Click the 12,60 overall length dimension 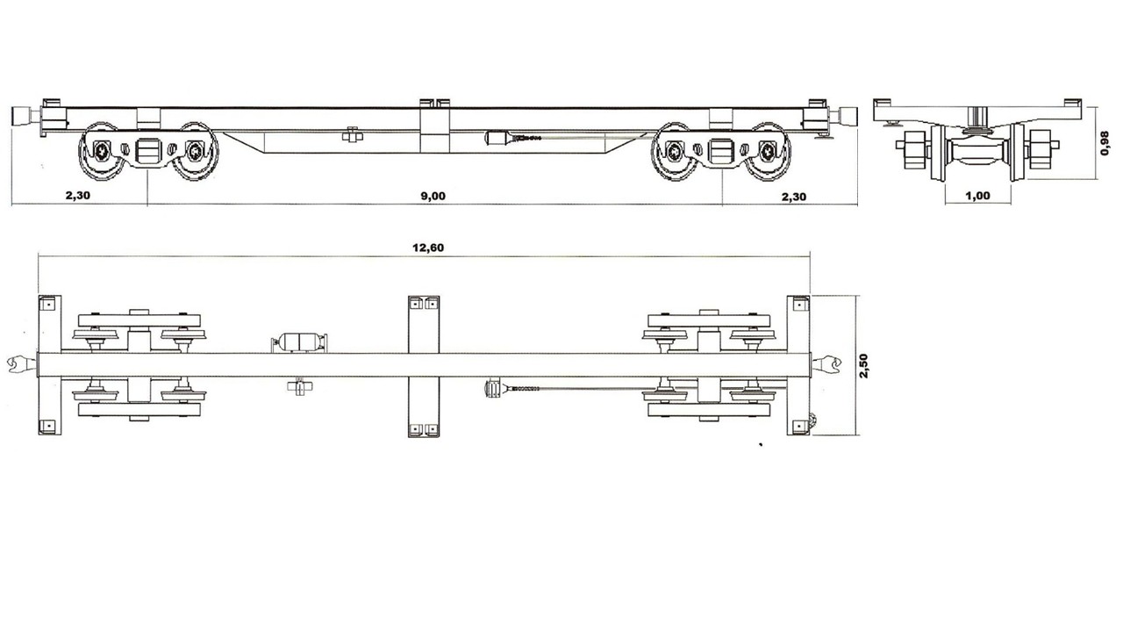428,248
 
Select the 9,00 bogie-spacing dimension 433,196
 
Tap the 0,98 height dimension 1104,143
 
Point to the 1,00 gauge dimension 977,196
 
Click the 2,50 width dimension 863,366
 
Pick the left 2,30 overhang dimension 78,196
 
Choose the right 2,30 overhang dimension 794,197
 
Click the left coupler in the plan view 22,364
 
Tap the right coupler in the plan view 826,364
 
